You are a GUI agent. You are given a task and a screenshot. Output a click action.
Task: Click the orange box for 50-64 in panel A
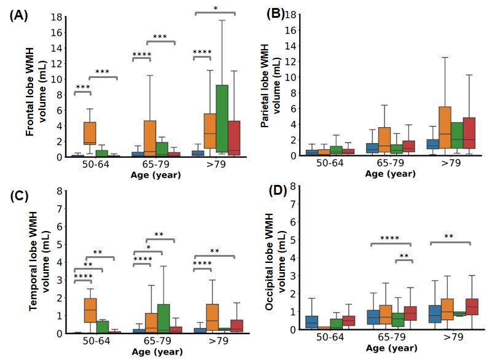[90, 133]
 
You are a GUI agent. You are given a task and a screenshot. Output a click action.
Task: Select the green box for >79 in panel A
[222, 117]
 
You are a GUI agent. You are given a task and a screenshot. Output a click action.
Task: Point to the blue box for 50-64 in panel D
[312, 321]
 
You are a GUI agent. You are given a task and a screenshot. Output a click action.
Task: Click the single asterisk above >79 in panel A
[216, 8]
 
